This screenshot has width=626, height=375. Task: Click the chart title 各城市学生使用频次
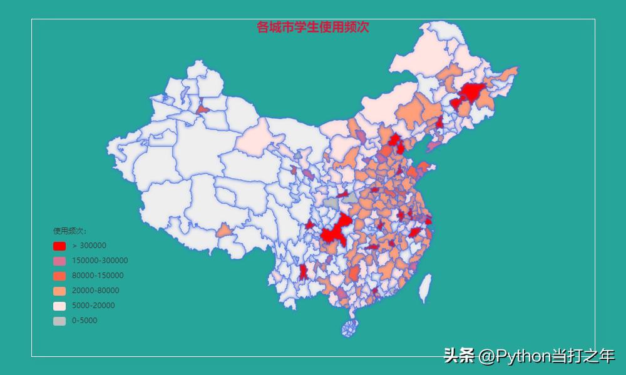[x=313, y=27]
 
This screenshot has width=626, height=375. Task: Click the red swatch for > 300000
[x=59, y=246]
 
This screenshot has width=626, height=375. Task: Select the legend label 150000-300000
[x=100, y=261]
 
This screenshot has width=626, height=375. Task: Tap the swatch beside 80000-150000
[x=59, y=276]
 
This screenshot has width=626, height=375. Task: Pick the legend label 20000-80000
[x=95, y=291]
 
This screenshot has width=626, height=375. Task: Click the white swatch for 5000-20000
[x=59, y=306]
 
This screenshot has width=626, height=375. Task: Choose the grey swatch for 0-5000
[x=59, y=321]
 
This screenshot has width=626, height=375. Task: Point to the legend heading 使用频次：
[x=69, y=231]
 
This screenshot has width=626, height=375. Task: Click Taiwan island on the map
[x=425, y=288]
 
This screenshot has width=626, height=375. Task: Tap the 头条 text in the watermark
[x=459, y=356]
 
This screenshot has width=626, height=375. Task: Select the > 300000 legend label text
[x=89, y=246]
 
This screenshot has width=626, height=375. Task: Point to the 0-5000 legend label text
[x=85, y=321]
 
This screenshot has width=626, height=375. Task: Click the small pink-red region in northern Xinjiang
[x=202, y=109]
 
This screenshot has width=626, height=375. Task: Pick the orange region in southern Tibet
[x=224, y=231]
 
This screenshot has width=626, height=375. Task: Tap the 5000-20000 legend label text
[x=93, y=306]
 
